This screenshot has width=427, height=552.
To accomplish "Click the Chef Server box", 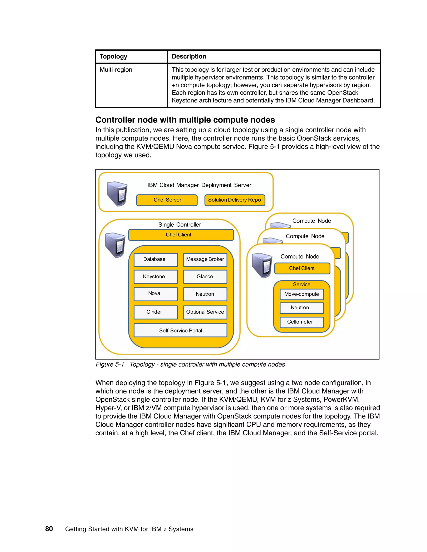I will pos(167,200).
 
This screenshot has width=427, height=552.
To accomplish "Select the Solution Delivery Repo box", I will pos(235,200).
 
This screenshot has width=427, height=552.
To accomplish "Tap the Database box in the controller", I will pos(155,260).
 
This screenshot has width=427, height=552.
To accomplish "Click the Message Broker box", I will pos(205,260).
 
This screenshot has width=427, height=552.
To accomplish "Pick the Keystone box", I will pos(155,276).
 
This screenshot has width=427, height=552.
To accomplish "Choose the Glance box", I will pos(205,276).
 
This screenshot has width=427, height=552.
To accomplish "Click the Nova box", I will pos(155,294).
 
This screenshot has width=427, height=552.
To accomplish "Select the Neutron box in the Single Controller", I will pos(205,294).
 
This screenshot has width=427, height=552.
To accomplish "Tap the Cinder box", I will pos(155,312).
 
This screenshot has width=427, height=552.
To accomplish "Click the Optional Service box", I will pos(205,312).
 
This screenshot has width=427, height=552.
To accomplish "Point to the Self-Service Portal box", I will pos(180,330).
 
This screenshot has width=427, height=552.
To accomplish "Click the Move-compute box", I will pos(301,294).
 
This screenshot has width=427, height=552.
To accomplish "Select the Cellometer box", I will pos(301,322).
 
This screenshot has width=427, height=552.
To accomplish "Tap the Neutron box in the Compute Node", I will pos(301,308).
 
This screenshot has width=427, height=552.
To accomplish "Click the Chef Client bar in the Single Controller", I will pos(181,235).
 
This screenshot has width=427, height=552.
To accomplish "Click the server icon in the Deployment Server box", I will pos(117,193).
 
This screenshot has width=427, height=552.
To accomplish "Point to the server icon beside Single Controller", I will pos(115,245).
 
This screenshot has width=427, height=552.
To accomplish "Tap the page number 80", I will pos(49,529).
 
